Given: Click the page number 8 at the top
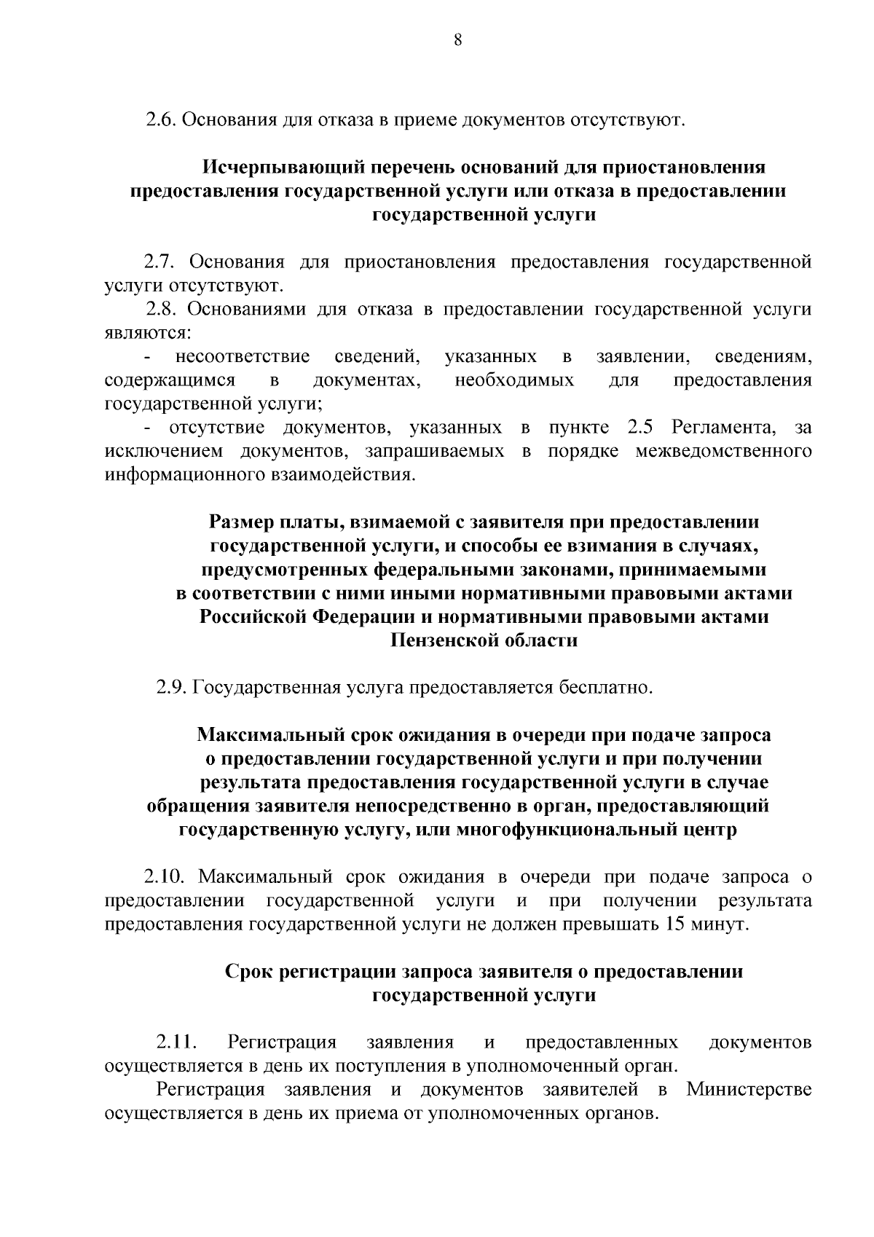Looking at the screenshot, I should click(457, 41).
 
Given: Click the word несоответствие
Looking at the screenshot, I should click(242, 357).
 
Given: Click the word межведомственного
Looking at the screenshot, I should click(723, 451).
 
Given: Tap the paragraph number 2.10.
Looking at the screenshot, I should click(164, 877).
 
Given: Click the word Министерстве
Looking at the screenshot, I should click(749, 1090).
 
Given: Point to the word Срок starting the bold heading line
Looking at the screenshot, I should click(250, 972).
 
